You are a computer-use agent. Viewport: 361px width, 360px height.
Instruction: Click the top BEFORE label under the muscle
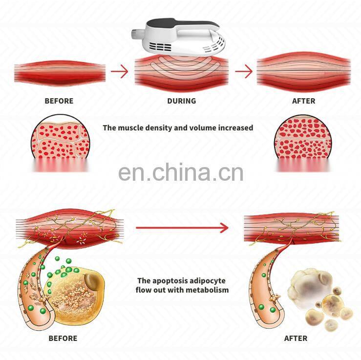(x=59, y=101)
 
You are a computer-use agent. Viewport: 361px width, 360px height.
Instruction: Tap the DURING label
(x=181, y=101)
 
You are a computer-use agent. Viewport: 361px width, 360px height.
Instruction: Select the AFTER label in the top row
(x=303, y=101)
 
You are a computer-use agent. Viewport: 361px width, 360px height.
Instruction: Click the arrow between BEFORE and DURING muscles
(x=119, y=72)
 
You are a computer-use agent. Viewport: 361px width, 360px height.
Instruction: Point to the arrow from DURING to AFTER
(x=244, y=72)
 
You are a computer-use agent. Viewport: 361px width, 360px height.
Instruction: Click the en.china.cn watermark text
(x=180, y=172)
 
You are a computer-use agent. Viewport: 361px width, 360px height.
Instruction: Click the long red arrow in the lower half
(x=182, y=227)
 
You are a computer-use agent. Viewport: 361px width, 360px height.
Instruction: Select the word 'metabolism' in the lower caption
(x=209, y=290)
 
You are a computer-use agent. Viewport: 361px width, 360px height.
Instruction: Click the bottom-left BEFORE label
(x=63, y=338)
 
